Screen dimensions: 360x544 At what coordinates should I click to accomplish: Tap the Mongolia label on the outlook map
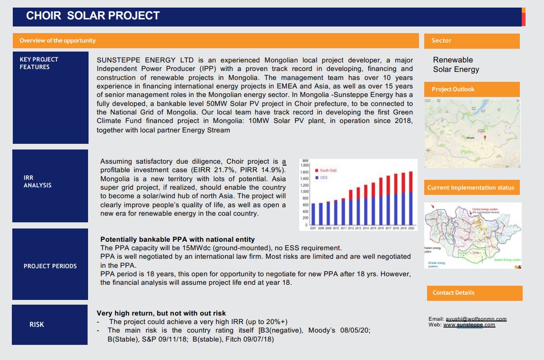[470, 138]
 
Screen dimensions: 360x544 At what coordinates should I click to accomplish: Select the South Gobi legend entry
[328, 170]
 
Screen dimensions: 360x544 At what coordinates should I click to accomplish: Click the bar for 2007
[313, 214]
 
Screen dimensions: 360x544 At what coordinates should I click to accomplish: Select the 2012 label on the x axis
[350, 228]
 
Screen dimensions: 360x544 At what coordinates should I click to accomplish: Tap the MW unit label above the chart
[305, 161]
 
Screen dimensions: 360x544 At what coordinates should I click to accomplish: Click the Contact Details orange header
[474, 293]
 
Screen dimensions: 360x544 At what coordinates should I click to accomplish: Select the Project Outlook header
[472, 89]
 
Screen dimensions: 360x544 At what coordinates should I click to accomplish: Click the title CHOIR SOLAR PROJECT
[93, 16]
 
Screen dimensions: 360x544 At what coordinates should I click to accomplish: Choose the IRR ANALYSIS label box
[50, 185]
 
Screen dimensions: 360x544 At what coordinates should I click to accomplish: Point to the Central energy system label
[490, 209]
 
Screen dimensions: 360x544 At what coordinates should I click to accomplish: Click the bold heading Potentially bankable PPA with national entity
[178, 240]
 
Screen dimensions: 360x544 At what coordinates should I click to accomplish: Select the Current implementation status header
[471, 188]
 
